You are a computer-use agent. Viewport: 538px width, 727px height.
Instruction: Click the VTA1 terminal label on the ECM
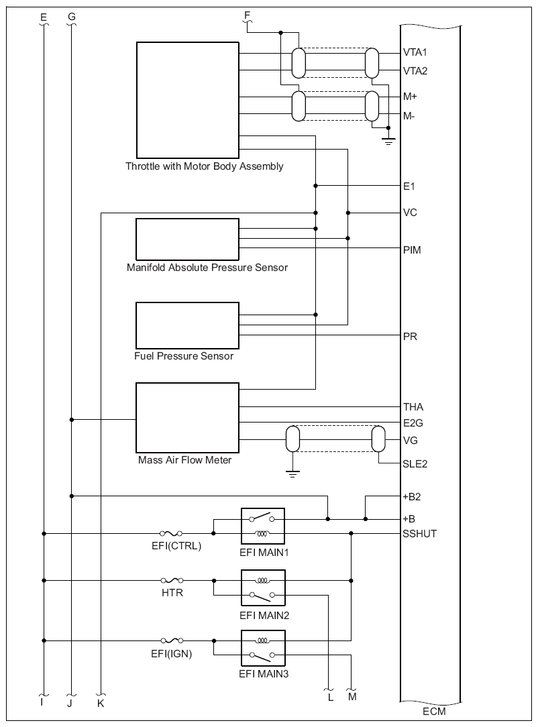pos(414,52)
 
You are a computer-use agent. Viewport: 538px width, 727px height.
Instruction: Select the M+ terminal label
pos(410,97)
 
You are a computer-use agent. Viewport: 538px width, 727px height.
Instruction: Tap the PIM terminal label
pos(412,249)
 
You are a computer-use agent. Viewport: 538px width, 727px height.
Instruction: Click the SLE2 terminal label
pos(415,463)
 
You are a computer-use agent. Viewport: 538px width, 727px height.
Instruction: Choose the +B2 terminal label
pos(412,497)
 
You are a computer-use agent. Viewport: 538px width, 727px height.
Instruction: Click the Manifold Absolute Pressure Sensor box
pos(187,239)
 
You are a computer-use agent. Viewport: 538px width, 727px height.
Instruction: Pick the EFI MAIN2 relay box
pos(263,588)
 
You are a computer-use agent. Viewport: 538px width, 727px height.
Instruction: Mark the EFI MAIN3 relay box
pos(263,647)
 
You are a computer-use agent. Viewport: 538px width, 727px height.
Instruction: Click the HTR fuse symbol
pos(172,580)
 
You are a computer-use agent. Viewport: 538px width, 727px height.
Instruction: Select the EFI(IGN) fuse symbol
pos(172,640)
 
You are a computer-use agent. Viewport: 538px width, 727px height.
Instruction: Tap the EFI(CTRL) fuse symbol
pos(172,533)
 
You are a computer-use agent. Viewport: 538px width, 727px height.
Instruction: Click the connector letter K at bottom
pos(101,704)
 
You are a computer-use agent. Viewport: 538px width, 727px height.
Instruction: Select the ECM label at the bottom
pos(434,710)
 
